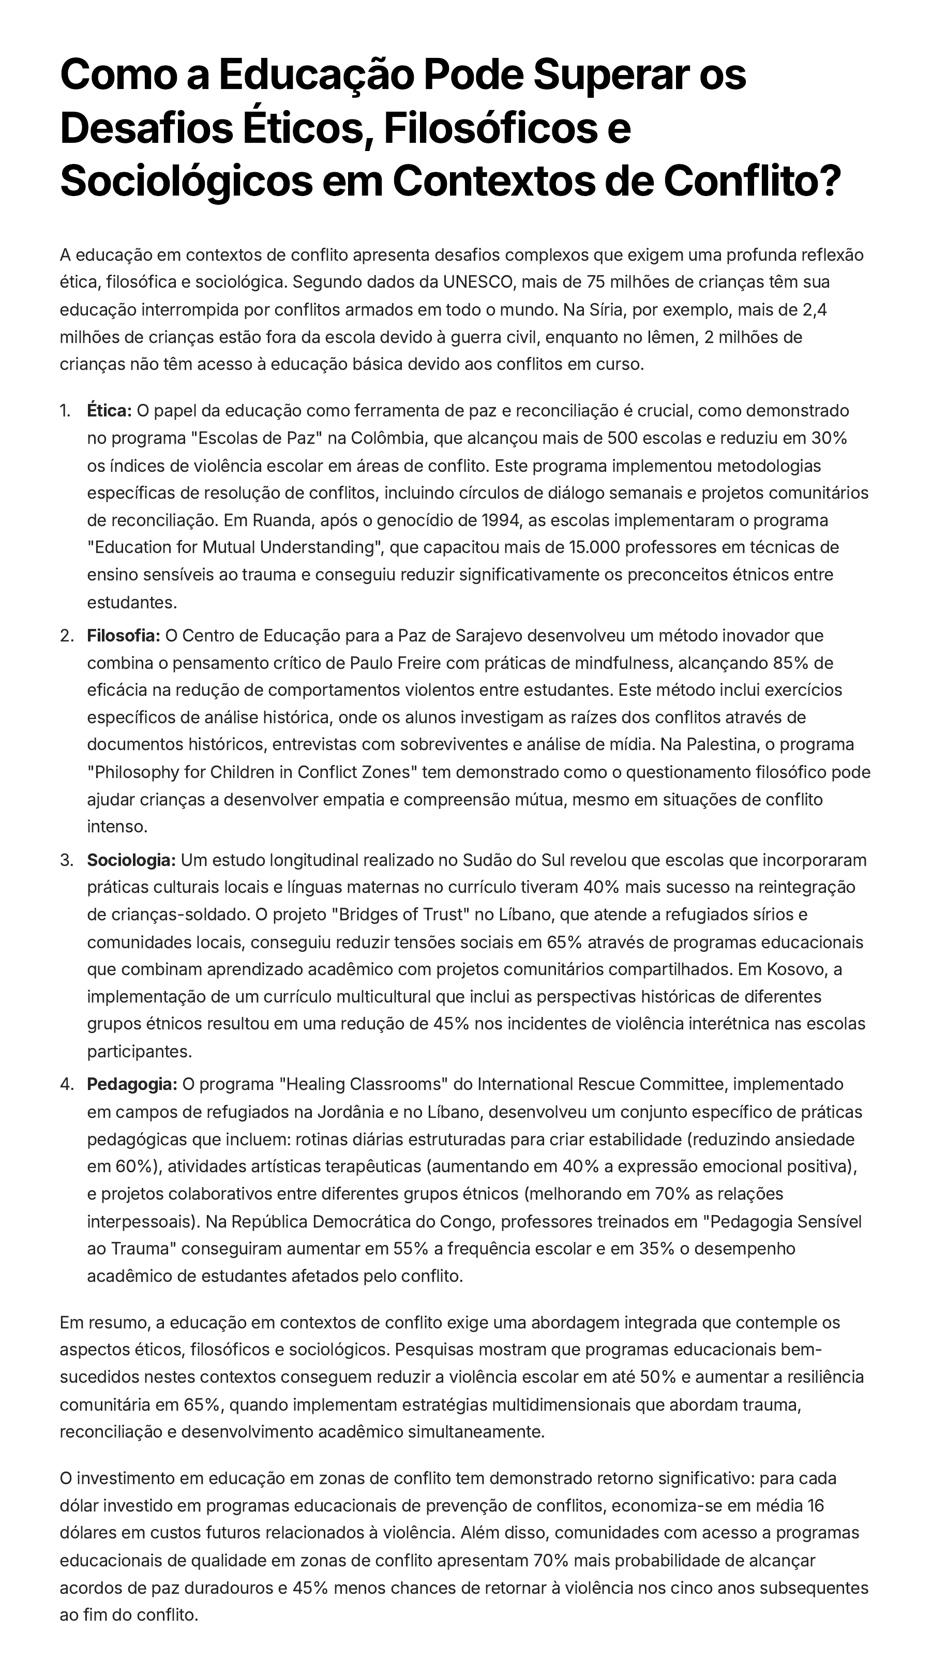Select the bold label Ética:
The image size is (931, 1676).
(x=109, y=411)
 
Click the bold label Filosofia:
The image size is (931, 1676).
(x=124, y=635)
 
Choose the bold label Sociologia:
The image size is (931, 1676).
(x=131, y=860)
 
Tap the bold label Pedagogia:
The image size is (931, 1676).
(x=132, y=1084)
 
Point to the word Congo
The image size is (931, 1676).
(x=467, y=1222)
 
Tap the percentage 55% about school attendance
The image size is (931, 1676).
(x=407, y=1249)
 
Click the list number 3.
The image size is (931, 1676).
(x=66, y=860)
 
